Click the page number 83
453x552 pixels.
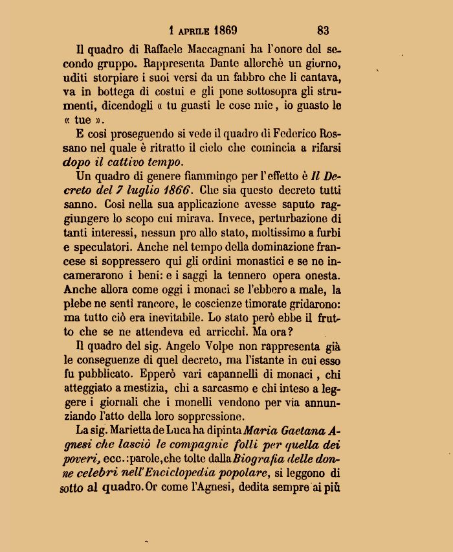coord(323,30)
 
